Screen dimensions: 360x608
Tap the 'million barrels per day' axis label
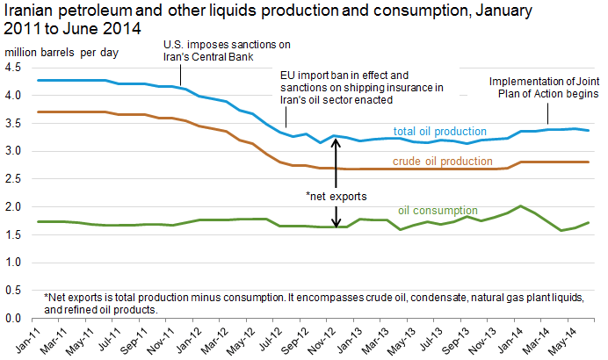click(63, 52)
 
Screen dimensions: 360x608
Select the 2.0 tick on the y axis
click(19, 206)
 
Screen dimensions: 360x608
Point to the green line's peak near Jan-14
click(521, 206)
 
